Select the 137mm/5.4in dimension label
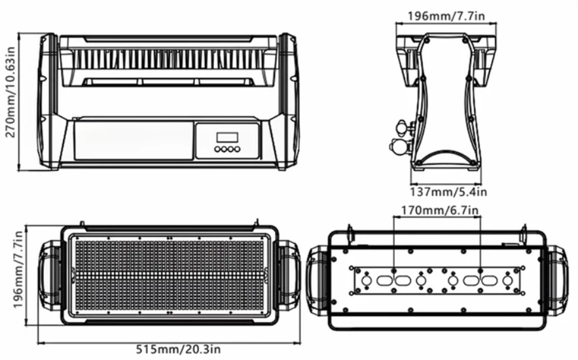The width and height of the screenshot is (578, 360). pyautogui.click(x=449, y=192)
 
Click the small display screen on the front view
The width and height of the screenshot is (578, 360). pyautogui.click(x=227, y=137)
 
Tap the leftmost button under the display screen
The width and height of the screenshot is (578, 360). pyautogui.click(x=217, y=150)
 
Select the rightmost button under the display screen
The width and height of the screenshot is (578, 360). pyautogui.click(x=237, y=150)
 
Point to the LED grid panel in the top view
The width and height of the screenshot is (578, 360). pyautogui.click(x=169, y=275)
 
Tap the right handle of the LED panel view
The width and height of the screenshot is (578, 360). pyautogui.click(x=289, y=275)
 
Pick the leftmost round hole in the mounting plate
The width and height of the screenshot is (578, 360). pyautogui.click(x=367, y=281)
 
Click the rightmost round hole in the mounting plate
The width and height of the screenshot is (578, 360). pyautogui.click(x=507, y=281)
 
